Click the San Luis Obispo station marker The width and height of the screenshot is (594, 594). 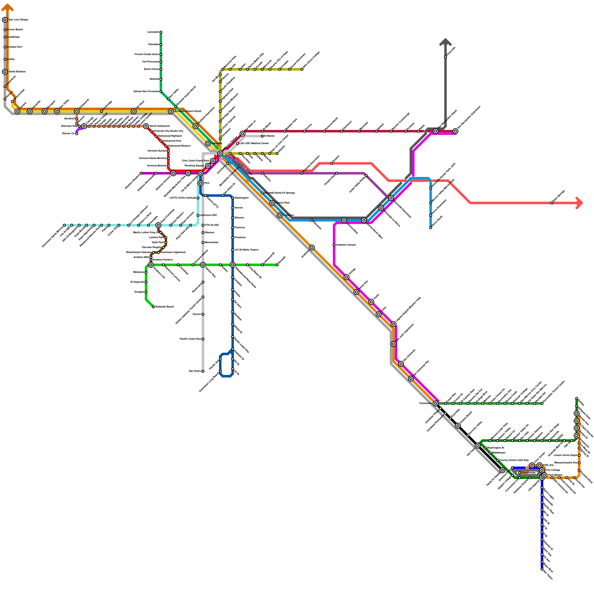(5, 20)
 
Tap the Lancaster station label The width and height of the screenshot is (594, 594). (153, 32)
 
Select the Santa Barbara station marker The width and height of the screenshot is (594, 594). (5, 72)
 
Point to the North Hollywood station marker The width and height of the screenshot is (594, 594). (146, 126)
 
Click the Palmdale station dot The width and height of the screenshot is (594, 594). (161, 45)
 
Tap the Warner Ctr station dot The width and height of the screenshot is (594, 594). (76, 134)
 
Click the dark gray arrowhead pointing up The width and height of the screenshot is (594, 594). (445, 42)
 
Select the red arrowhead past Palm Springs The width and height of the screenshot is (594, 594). (579, 203)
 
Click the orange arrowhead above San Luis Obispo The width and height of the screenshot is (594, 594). (7, 7)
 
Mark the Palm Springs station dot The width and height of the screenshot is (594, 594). (552, 203)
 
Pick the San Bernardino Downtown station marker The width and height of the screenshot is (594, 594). (455, 131)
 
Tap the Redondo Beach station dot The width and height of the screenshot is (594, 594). (153, 307)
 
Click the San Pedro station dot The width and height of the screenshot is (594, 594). (203, 371)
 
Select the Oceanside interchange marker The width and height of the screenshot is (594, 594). (435, 404)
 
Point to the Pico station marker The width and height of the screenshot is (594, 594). (200, 183)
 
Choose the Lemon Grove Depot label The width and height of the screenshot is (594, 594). (565, 455)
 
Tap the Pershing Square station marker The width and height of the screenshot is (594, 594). (208, 166)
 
